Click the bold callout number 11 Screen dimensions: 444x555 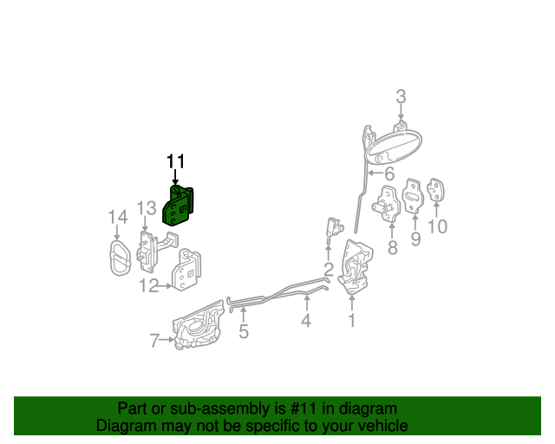[176, 161]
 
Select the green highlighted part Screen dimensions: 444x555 [180, 206]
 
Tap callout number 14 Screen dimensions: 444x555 [117, 217]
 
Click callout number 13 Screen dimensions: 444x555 [146, 208]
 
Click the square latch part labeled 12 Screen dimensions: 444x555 [187, 270]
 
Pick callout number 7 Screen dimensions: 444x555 [154, 341]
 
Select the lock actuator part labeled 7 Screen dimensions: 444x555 [199, 327]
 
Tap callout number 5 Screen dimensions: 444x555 [244, 330]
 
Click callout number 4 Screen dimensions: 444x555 [306, 322]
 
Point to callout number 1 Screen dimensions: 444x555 [352, 321]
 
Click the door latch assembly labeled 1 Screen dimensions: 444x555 [356, 266]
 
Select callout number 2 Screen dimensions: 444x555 [329, 268]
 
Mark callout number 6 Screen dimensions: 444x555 [389, 173]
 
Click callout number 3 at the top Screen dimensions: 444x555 [401, 96]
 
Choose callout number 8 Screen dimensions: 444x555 [392, 249]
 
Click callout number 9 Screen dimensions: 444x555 [415, 238]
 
